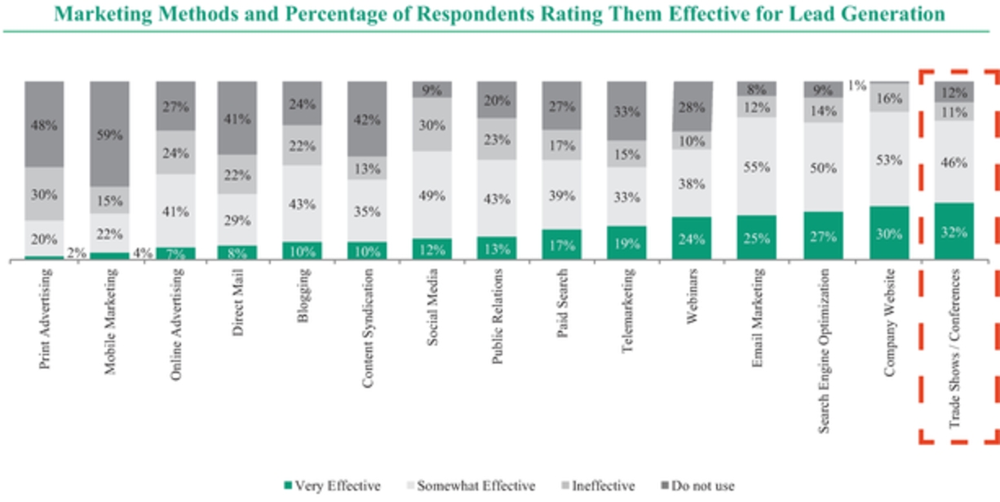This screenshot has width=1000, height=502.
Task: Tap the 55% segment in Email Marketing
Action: coord(757,166)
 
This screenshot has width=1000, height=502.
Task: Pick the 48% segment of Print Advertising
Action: coord(44,125)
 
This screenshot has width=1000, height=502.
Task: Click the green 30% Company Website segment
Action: coord(889,234)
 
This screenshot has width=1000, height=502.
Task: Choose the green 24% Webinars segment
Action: coord(692,239)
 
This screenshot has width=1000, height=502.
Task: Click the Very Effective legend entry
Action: coord(334,486)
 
